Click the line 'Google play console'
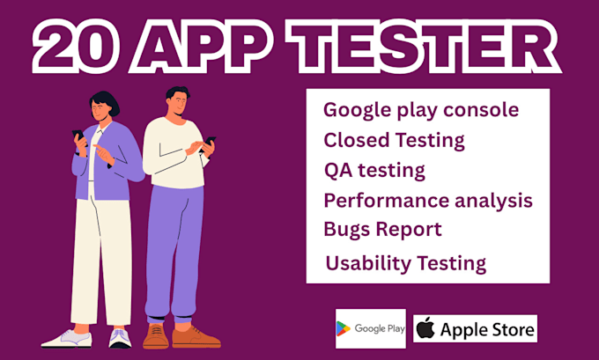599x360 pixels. (x=421, y=110)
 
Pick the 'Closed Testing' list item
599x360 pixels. (x=394, y=139)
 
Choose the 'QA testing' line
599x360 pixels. (x=374, y=169)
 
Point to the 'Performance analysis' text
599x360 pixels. (x=428, y=200)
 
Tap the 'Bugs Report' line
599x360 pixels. (x=382, y=229)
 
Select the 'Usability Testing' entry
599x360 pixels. (x=405, y=262)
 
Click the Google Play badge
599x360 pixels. (x=370, y=328)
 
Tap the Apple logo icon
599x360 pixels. (x=425, y=329)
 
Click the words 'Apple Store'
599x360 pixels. (x=486, y=330)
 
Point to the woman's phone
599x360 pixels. (x=77, y=138)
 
